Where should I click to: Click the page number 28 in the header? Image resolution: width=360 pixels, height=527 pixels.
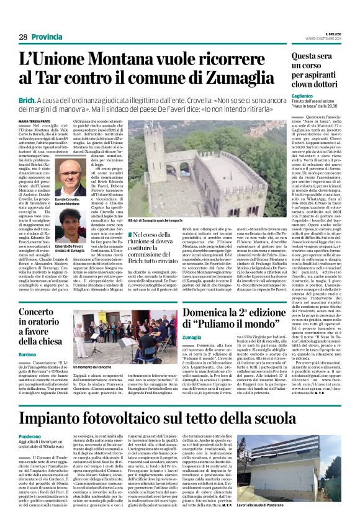(23, 37)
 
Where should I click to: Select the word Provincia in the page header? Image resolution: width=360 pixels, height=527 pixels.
(47, 37)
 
